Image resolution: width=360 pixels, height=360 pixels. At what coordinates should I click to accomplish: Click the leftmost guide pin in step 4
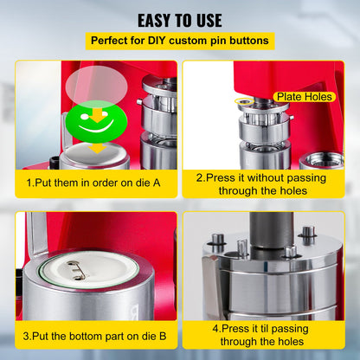click(x=215, y=239)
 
